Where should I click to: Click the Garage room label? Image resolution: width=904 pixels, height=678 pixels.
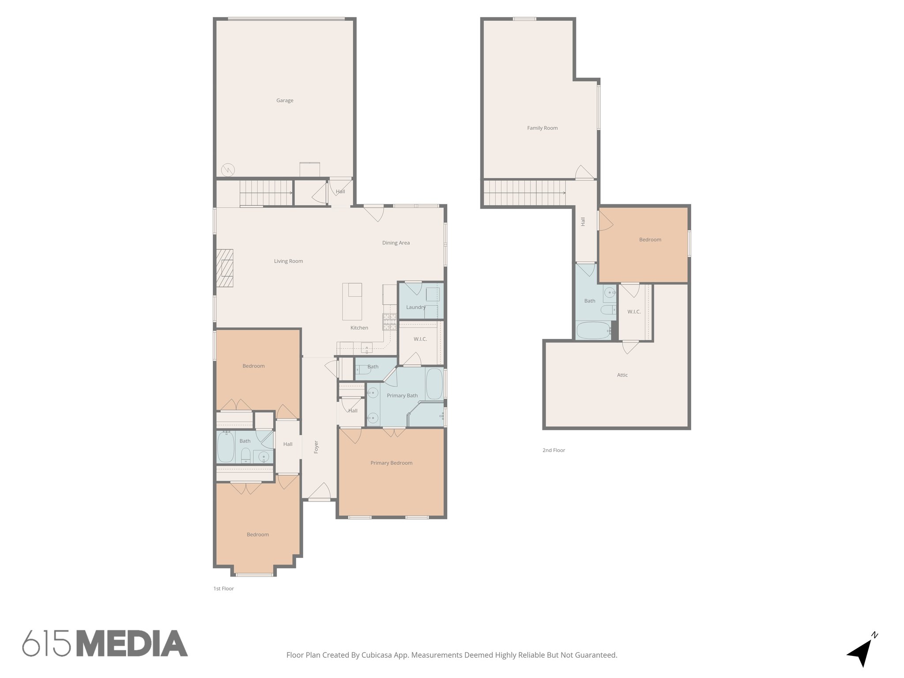[285, 101]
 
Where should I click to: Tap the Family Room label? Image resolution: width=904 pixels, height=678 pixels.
[542, 128]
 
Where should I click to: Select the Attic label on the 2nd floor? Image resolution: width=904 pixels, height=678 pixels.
[622, 375]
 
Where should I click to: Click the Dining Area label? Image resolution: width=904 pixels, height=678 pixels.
[395, 243]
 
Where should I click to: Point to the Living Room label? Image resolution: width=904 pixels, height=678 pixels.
[288, 261]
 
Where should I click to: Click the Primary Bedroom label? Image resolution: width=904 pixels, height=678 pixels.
[391, 463]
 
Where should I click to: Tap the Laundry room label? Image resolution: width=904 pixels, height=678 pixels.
[416, 307]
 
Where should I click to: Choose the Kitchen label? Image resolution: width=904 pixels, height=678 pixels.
[359, 328]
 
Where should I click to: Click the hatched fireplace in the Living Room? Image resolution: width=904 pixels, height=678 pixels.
[225, 268]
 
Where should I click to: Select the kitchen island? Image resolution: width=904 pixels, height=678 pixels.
[352, 302]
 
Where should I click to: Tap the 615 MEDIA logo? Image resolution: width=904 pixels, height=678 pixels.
[105, 643]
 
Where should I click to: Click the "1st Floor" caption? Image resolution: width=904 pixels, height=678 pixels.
[223, 588]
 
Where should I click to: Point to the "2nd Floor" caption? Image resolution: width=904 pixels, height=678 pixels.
[554, 450]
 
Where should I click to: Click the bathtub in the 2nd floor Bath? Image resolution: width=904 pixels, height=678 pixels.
[593, 330]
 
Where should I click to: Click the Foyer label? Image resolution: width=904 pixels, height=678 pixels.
[316, 447]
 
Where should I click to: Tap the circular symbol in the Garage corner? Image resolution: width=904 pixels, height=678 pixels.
[228, 169]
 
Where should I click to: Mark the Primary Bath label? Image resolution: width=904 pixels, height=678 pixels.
[402, 395]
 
